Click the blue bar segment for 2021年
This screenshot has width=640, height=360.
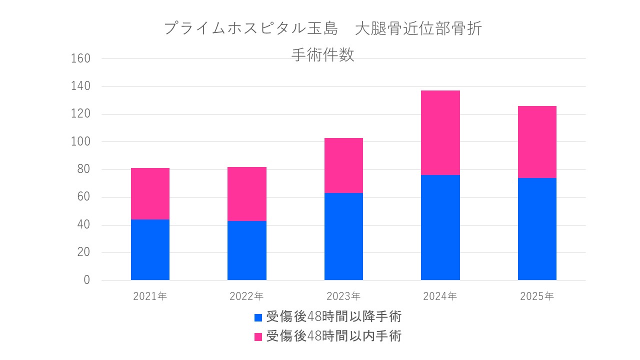[150, 249]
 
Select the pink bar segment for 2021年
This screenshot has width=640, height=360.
[150, 193]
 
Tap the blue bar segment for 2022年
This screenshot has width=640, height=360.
[247, 250]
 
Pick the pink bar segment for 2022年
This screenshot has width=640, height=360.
[247, 194]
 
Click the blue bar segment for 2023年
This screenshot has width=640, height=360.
[343, 236]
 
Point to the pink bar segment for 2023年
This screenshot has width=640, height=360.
[343, 165]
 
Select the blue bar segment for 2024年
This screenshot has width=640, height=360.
[440, 227]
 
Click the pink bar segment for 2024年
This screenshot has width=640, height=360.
[440, 132]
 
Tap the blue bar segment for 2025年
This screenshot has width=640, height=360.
[537, 228]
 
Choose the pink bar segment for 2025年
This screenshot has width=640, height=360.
[537, 142]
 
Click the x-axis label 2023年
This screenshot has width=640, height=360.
[343, 296]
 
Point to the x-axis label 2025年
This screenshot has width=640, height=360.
[537, 296]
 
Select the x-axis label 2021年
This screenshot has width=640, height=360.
[150, 296]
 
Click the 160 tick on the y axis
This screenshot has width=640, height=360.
[80, 59]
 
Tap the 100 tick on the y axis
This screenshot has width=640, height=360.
[80, 142]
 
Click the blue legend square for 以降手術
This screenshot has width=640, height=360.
[258, 317]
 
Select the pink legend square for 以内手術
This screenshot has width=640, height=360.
[258, 336]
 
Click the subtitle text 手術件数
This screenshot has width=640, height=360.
[322, 54]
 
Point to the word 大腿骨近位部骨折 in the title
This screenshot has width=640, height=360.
[418, 28]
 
